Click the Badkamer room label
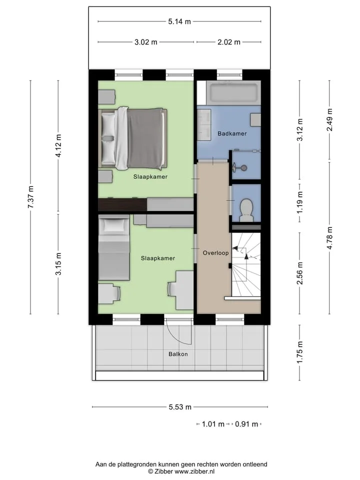pos(232,133)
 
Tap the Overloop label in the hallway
pos(216,253)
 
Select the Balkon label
pos(178,354)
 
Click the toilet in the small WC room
pos(246,210)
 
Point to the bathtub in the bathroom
pos(233,93)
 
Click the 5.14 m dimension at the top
pos(179,21)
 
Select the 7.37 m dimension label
pos(30,197)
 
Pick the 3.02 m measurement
pos(145,42)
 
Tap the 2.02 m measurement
pos(229,42)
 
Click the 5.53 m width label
pos(180,407)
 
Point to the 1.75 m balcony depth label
pos(299,352)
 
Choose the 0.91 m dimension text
pos(246,424)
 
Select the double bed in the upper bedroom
pos(133,138)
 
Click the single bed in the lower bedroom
pos(114,247)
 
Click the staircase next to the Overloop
pos(246,264)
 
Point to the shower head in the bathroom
pos(243,168)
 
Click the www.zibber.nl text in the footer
pos(194,471)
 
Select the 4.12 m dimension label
pos(58,145)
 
